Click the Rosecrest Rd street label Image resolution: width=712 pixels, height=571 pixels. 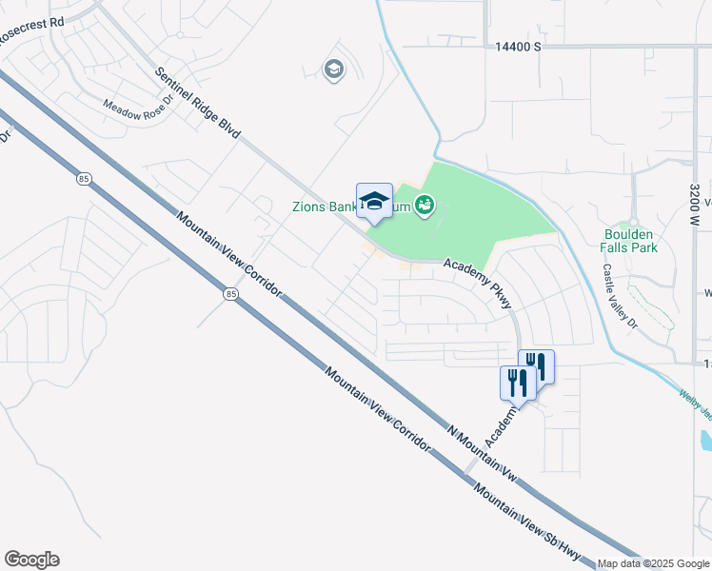(31, 21)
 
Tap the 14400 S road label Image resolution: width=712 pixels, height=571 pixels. (517, 46)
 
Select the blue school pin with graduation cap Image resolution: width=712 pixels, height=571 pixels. (374, 202)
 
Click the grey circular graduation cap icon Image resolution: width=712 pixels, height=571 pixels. (333, 69)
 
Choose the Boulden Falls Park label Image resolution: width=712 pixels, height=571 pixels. (629, 239)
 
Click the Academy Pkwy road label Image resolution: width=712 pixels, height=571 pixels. (481, 285)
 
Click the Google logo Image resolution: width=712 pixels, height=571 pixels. (32, 560)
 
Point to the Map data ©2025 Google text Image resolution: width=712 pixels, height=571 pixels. (654, 563)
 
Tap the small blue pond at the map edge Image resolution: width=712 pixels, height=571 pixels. (705, 440)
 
